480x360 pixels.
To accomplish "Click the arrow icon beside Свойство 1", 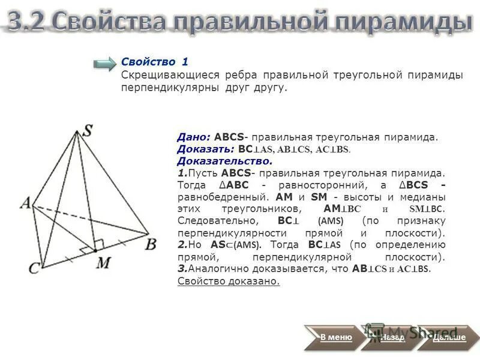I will pyautogui.click(x=105, y=64).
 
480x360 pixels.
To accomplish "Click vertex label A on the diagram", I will pyautogui.click(x=26, y=204).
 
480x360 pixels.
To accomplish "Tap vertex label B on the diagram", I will pyautogui.click(x=151, y=244).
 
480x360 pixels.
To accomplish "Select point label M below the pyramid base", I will pyautogui.click(x=104, y=262).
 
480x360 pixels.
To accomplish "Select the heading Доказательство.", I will pyautogui.click(x=225, y=161).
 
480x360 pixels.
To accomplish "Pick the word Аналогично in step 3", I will pyautogui.click(x=215, y=269).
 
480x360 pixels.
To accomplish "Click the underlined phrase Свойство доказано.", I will pyautogui.click(x=229, y=281).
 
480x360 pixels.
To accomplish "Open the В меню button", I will pyautogui.click(x=336, y=337).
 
